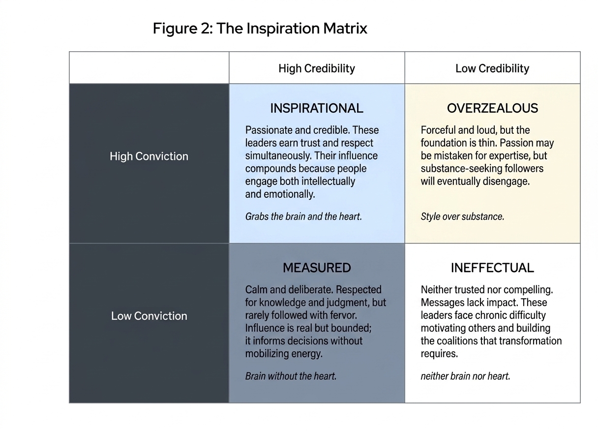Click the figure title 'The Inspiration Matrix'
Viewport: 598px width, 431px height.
[x=292, y=29]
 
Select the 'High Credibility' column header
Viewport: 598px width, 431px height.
[x=317, y=68]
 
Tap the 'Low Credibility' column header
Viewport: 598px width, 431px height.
[x=492, y=68]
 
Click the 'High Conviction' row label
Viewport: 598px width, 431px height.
[x=149, y=156]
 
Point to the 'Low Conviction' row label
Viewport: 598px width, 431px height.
[x=149, y=316]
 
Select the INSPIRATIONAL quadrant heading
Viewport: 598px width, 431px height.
[x=317, y=108]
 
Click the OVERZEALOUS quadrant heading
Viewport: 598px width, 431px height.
[x=492, y=108]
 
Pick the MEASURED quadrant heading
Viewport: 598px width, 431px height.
[x=317, y=268]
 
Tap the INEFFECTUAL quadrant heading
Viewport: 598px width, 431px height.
[x=492, y=268]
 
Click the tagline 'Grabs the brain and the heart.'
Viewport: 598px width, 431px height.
[x=303, y=216]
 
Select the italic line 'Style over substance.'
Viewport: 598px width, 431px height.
[x=462, y=216]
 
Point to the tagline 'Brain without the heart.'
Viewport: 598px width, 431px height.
[x=291, y=376]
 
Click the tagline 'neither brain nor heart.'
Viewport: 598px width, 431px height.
[x=465, y=376]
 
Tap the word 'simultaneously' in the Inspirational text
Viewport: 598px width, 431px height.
[x=278, y=155]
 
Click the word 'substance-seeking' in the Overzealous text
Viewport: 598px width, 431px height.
[x=457, y=168]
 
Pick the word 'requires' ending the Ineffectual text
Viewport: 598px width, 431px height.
[x=439, y=354]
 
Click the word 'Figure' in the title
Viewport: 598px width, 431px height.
[x=175, y=29]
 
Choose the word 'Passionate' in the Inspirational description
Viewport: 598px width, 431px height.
[x=269, y=130]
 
